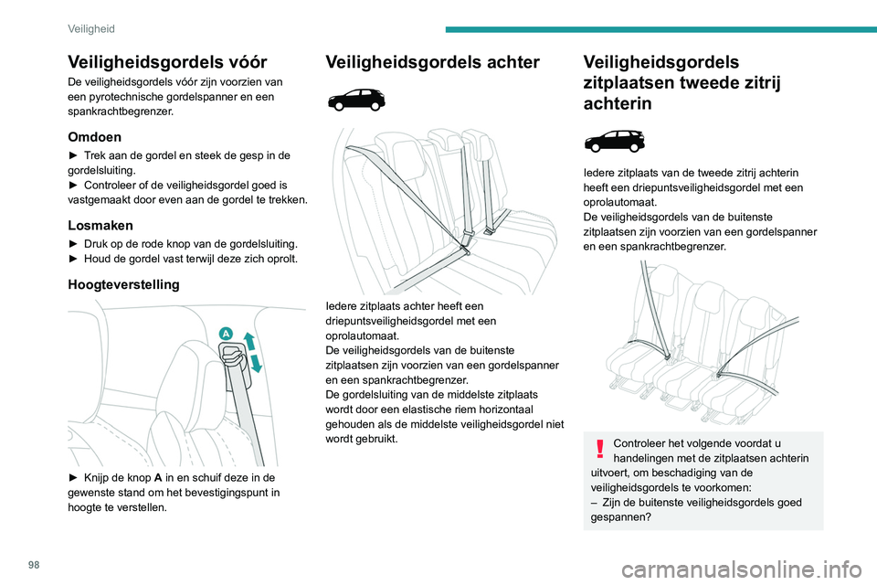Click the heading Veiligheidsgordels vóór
[167, 62]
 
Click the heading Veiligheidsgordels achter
[432, 62]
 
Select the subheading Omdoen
[94, 135]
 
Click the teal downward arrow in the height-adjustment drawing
[258, 362]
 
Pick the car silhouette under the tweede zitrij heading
[614, 142]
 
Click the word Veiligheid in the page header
[91, 28]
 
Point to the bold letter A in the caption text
[153, 476]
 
